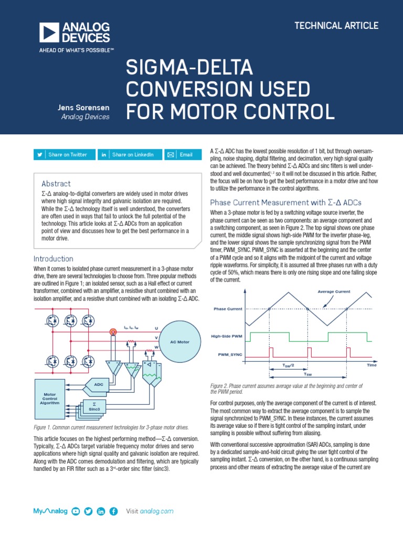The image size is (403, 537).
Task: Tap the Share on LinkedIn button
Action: (x=128, y=155)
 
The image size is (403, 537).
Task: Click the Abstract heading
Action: (x=56, y=184)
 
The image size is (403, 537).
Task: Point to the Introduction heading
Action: (x=53, y=259)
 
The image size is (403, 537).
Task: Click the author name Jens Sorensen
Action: (x=83, y=108)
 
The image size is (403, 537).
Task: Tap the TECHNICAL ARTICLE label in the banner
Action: (x=336, y=26)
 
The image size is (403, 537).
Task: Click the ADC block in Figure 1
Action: (x=98, y=384)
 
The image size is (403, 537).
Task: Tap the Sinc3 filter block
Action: (x=93, y=407)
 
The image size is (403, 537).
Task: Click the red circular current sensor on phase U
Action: (x=111, y=331)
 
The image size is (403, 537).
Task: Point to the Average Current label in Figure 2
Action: (x=333, y=292)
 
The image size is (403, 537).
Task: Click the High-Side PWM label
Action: (x=227, y=336)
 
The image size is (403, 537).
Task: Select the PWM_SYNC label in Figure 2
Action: (x=230, y=355)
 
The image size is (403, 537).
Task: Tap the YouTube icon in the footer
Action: (x=76, y=511)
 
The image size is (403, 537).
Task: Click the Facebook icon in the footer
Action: (x=114, y=511)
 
